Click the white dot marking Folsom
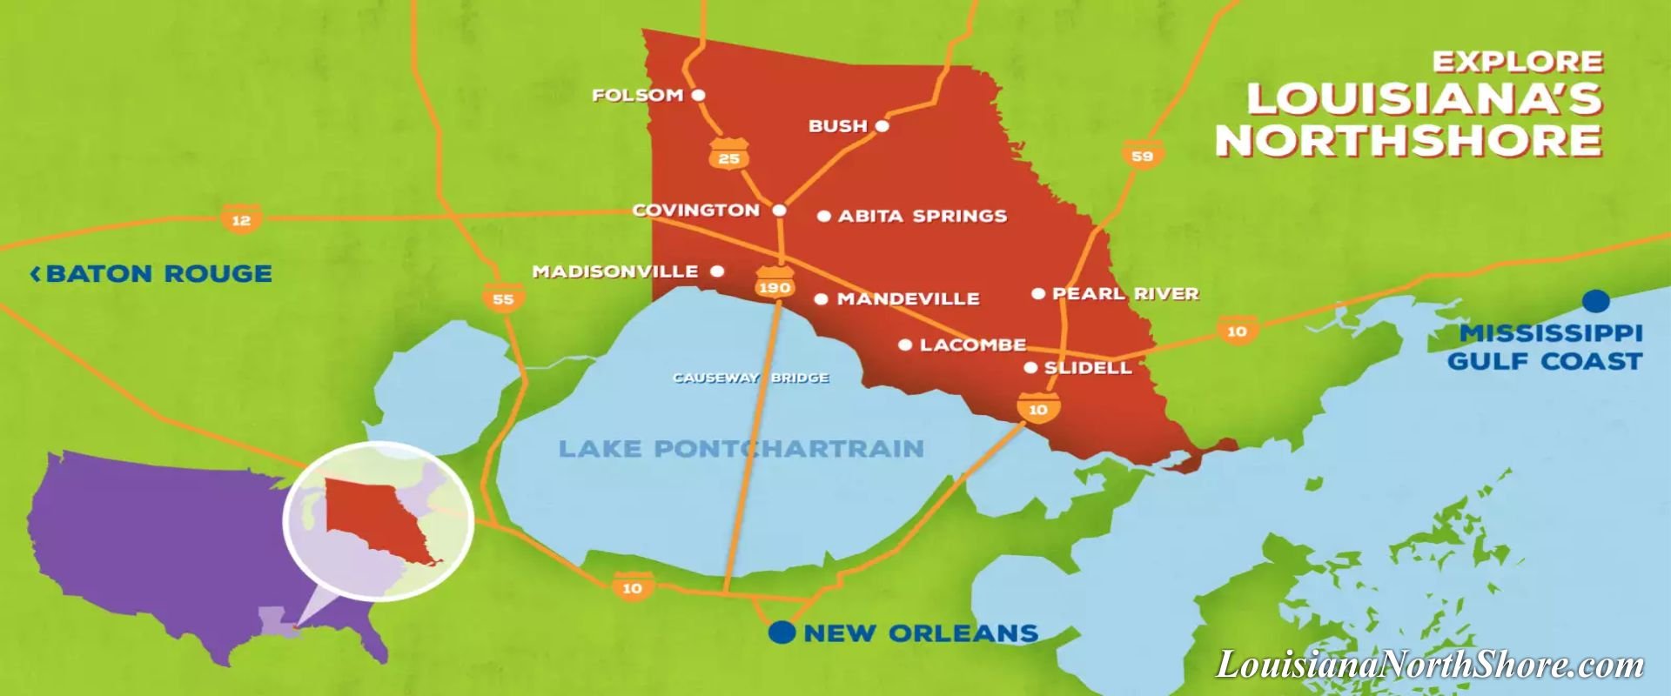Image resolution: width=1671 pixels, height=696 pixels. pos(698,95)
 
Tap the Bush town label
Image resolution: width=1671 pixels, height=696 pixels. pos(837,126)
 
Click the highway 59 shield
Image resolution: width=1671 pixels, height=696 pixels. pos(1142,155)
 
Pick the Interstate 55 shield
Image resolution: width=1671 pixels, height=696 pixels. pos(503,298)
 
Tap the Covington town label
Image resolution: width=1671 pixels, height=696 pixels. pos(695,211)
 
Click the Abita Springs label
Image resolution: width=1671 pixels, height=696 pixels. pos(922,216)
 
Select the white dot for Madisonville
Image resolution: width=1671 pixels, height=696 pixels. pos(717,271)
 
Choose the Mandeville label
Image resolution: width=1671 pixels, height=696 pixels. pos(908,299)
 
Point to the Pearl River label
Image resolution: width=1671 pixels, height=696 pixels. pos(1125,294)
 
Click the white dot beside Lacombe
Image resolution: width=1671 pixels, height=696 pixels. pos(905,345)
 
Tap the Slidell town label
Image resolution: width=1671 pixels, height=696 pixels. pos(1088,368)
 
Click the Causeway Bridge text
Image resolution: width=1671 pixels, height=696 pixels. pos(750,378)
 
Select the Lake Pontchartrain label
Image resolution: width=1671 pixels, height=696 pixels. pos(741,449)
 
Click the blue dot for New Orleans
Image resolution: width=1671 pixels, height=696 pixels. pos(782,632)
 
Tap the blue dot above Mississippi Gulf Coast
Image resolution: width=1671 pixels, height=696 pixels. pos(1595,301)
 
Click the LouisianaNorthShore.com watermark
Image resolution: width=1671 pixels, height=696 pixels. pos(1429,665)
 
